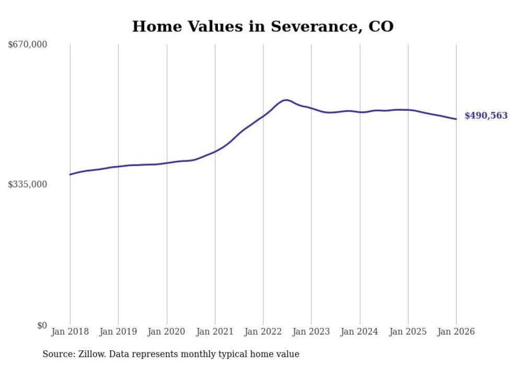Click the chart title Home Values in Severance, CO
click(x=262, y=26)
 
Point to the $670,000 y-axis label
click(x=28, y=45)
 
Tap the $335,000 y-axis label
click(x=28, y=184)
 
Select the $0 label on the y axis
click(x=42, y=325)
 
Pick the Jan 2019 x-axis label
click(x=118, y=332)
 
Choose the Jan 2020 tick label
click(x=167, y=332)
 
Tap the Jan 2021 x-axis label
click(x=215, y=332)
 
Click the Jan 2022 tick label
click(x=263, y=332)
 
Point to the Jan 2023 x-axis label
click(x=311, y=332)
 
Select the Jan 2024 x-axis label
click(x=360, y=332)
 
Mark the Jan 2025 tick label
click(x=408, y=332)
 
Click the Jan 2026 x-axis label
click(x=456, y=332)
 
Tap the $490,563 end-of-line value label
click(x=486, y=116)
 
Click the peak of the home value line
click(x=286, y=100)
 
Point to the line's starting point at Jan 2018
click(x=70, y=174)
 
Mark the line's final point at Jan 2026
click(x=456, y=119)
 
